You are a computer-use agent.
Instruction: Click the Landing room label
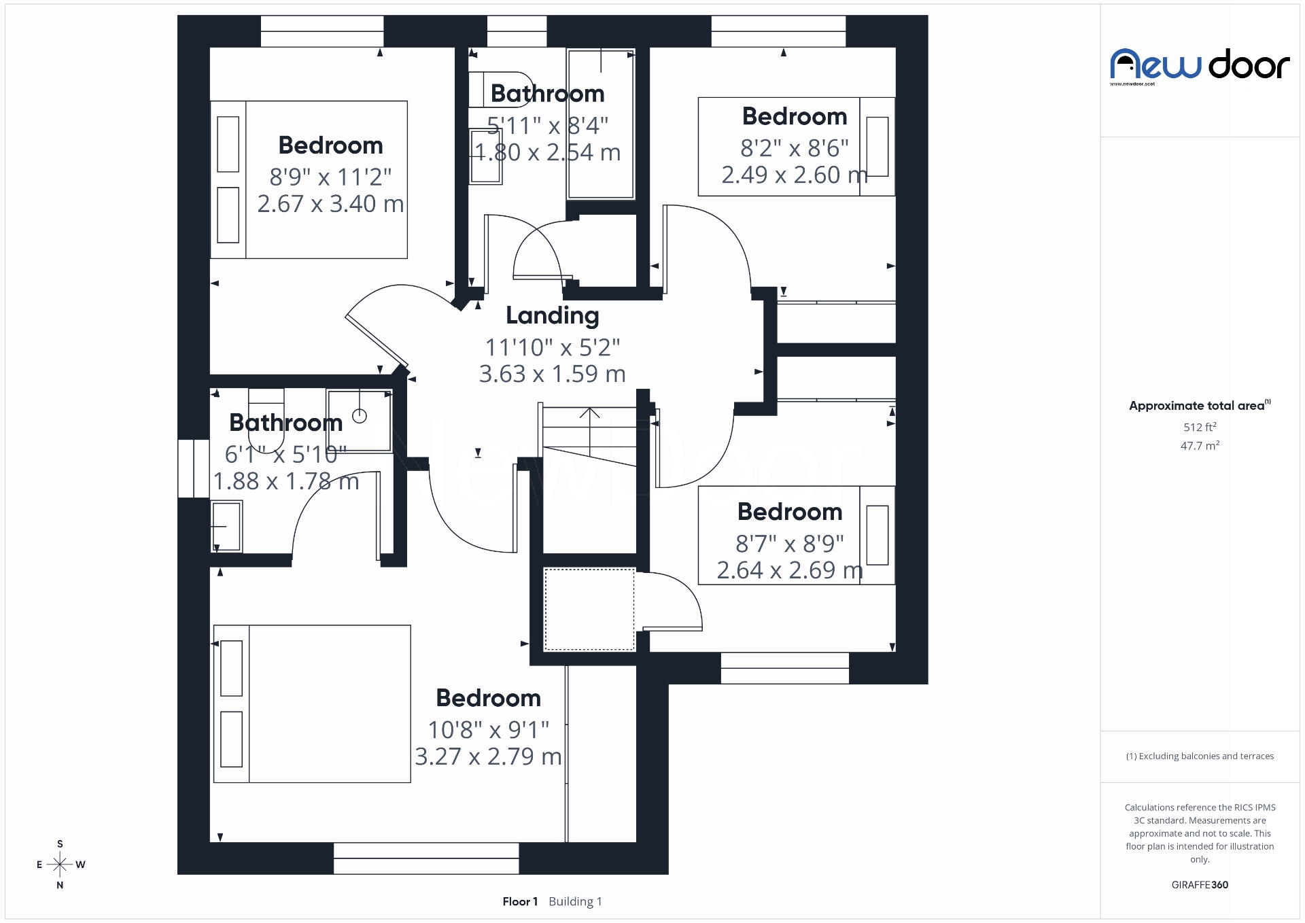[552, 315]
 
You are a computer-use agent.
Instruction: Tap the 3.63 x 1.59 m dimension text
[552, 374]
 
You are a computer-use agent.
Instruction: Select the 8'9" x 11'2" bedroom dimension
[330, 177]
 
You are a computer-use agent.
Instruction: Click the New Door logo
[1200, 66]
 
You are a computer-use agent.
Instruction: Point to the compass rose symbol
[60, 865]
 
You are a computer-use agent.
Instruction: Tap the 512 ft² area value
[1200, 427]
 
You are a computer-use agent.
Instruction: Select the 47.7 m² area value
[1200, 446]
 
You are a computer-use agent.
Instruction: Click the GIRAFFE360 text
[1200, 884]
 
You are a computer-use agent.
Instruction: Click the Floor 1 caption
[520, 901]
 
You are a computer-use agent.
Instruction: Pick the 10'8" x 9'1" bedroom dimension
[488, 729]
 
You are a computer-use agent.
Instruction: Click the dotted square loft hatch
[589, 610]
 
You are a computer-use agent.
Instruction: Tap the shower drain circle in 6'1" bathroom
[360, 415]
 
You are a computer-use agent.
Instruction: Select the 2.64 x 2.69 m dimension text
[790, 570]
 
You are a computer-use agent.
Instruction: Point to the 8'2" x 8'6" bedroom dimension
[794, 147]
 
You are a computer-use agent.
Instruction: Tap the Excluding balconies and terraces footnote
[1200, 756]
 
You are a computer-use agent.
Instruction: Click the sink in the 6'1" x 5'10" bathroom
[226, 526]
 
